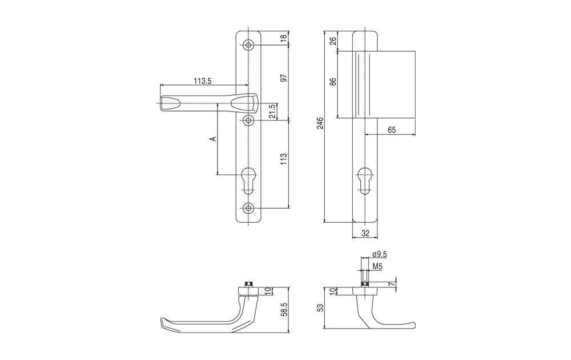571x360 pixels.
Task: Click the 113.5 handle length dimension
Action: coord(203,81)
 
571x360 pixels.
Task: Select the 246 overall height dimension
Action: coord(320,123)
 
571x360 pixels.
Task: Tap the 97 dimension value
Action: coord(284,78)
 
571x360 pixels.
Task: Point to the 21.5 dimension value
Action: coord(272,111)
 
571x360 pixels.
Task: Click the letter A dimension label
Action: coord(213,138)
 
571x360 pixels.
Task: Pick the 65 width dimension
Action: coord(392,130)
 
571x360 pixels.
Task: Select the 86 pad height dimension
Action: coord(333,81)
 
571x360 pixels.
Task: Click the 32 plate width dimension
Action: coord(365,233)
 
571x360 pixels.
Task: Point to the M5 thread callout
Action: coord(377,267)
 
